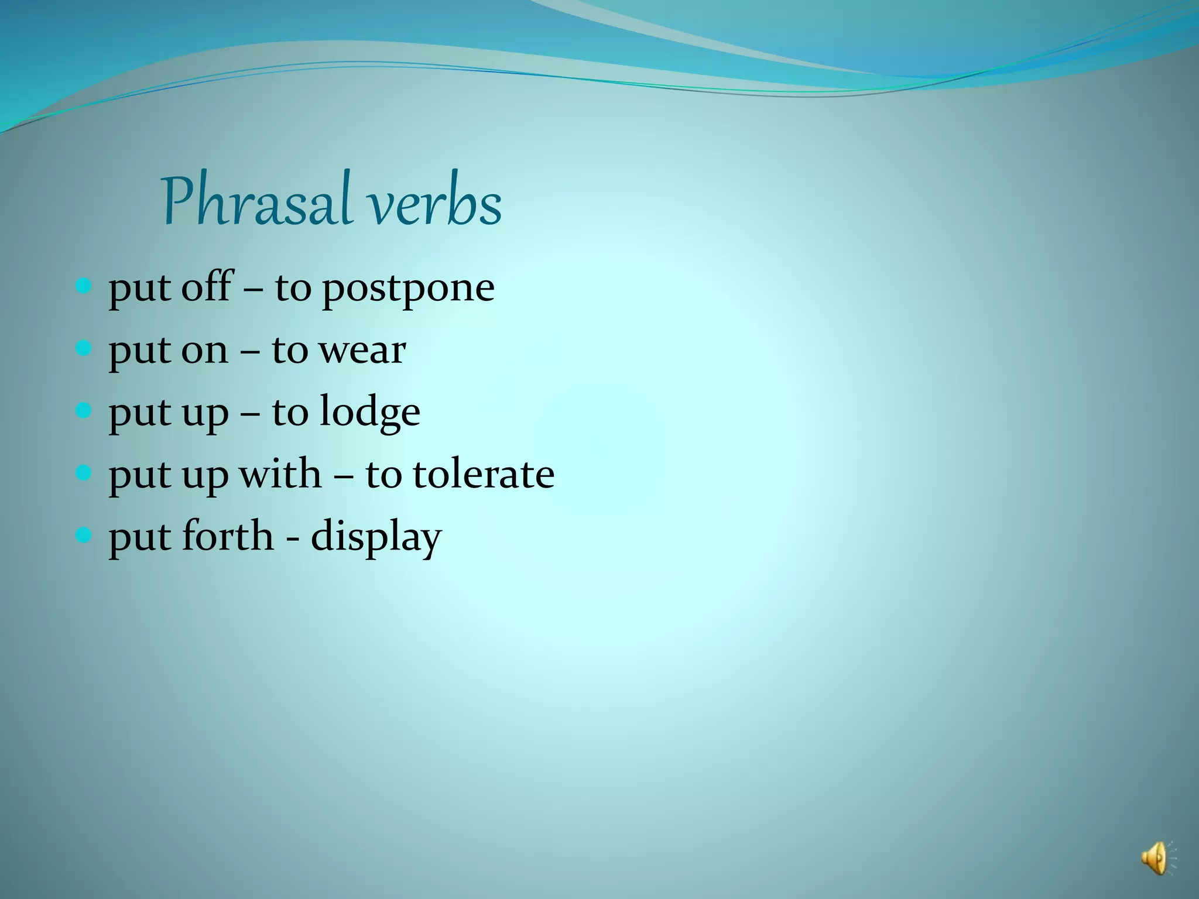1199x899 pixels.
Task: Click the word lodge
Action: [369, 412]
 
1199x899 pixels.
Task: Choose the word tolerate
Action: [483, 474]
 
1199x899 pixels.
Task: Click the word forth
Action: [227, 536]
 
